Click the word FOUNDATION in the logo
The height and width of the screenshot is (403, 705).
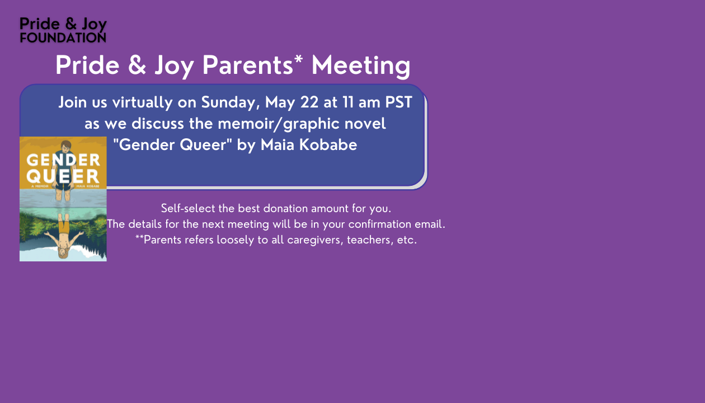click(x=63, y=38)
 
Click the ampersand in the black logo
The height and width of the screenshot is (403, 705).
click(x=71, y=24)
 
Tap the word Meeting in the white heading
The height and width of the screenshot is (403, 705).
click(x=361, y=65)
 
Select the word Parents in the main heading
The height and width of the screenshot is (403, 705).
click(x=248, y=65)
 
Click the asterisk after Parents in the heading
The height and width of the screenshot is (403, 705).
click(x=298, y=59)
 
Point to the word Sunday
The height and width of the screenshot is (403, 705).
click(x=231, y=102)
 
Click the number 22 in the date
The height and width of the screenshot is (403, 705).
click(x=309, y=102)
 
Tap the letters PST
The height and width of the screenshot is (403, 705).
click(x=398, y=102)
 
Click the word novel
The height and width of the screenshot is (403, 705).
click(x=365, y=123)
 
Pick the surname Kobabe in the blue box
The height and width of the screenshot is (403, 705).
click(x=328, y=145)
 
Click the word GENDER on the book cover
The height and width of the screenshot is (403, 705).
click(x=63, y=160)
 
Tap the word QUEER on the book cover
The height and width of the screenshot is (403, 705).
click(x=63, y=176)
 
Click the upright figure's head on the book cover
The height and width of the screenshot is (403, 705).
click(x=66, y=147)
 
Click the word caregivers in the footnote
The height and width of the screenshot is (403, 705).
click(x=315, y=240)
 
